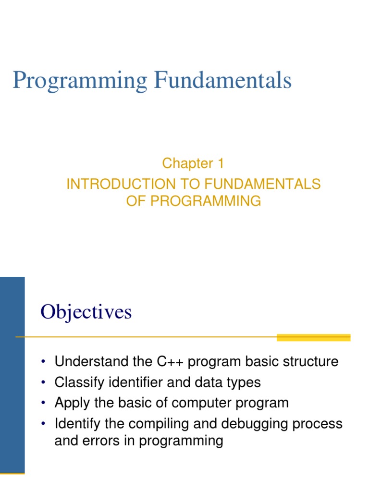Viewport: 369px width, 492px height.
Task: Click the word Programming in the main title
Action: [x=80, y=81]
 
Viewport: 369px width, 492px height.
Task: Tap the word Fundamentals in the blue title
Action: [x=222, y=80]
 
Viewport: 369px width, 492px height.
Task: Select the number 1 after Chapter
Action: [x=220, y=163]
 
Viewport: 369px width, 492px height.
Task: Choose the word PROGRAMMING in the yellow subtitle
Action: [x=206, y=201]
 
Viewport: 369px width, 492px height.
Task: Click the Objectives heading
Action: [x=86, y=312]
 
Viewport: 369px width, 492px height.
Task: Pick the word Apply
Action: [x=71, y=403]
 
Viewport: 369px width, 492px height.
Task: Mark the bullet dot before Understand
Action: [x=44, y=362]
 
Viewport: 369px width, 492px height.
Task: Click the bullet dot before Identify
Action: [x=44, y=424]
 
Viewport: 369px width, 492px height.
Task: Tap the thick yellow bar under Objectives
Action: [x=314, y=338]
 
